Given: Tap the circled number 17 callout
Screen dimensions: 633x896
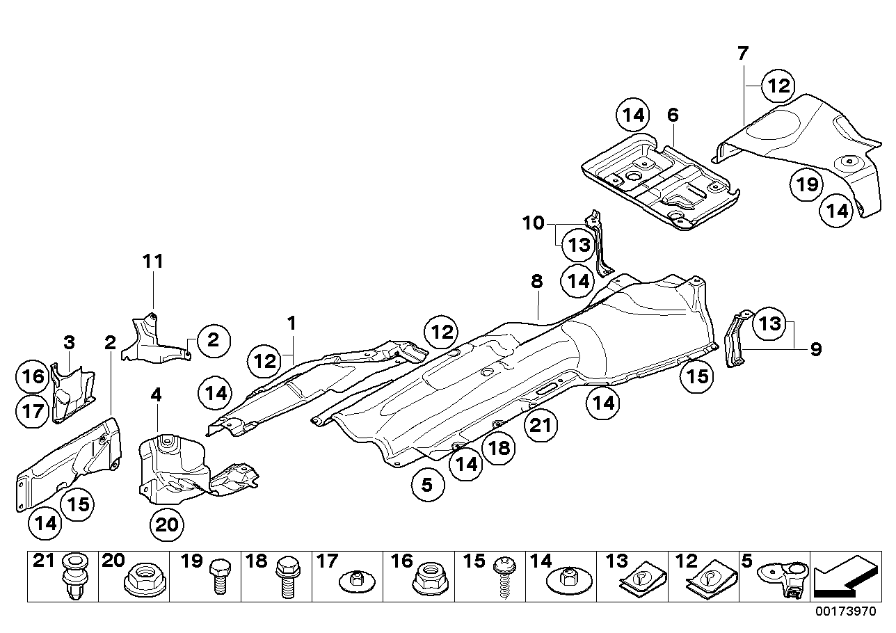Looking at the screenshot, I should click(32, 411).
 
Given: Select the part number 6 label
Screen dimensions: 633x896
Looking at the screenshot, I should click(672, 115).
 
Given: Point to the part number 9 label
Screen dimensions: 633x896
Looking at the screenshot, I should click(815, 348).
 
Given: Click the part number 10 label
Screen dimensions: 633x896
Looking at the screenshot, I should click(534, 223).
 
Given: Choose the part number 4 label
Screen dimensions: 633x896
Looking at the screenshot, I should click(156, 394).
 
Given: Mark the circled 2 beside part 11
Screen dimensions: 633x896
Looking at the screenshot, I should click(212, 339).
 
